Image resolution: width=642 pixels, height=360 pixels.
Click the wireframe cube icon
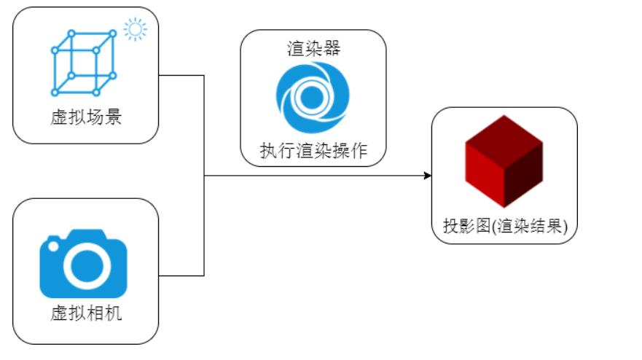coord(83,63)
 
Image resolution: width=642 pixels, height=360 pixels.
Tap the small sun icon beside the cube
coord(135,30)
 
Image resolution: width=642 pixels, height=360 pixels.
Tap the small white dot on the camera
coord(52,246)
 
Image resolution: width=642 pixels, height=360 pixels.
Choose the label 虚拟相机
coord(85,314)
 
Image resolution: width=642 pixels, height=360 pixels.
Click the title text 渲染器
coord(313,49)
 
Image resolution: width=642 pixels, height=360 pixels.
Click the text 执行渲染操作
coord(313,151)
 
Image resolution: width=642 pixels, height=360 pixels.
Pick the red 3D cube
coord(504,162)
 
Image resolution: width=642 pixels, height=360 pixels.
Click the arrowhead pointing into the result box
coord(427,176)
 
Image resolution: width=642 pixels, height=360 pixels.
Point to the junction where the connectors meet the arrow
coord(203,176)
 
